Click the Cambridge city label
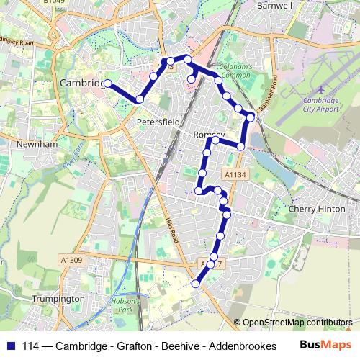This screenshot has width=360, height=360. point(81,84)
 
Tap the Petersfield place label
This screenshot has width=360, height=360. point(158,123)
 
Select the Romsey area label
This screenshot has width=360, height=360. point(210,135)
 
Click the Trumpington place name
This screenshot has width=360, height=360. point(63,299)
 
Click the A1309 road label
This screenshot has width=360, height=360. point(72,260)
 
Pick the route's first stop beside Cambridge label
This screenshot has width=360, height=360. point(107,84)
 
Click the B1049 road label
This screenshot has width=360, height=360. point(53,2)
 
